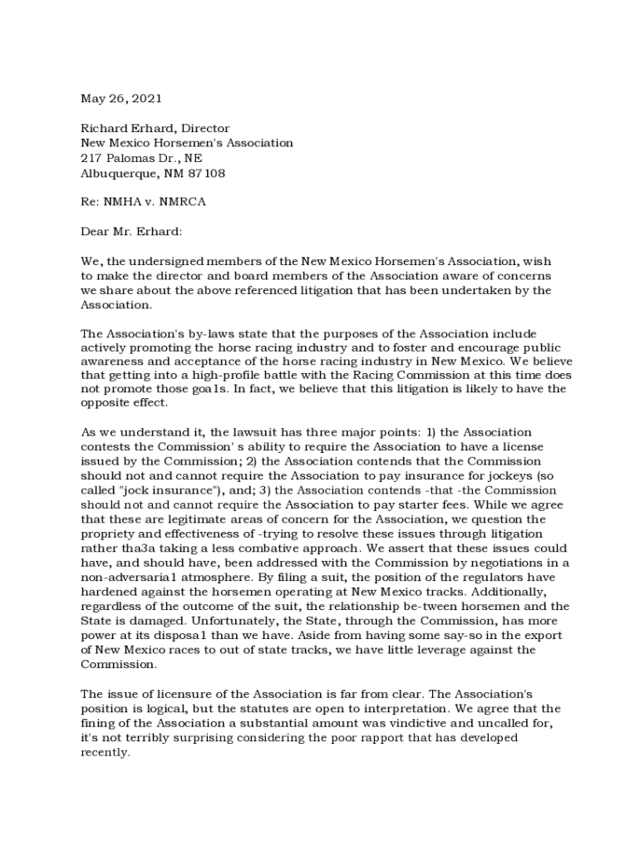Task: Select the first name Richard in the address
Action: point(101,128)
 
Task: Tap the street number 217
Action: point(91,158)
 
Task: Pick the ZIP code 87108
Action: point(207,173)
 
